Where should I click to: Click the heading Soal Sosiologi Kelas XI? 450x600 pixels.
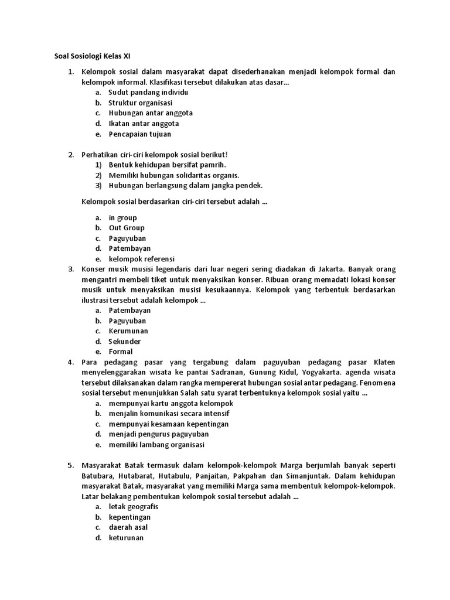pos(88,56)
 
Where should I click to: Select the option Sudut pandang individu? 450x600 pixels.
pos(148,93)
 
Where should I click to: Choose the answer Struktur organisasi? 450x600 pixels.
pos(140,103)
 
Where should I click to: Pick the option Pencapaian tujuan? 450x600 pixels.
pos(140,134)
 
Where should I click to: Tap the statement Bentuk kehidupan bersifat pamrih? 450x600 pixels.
pos(167,165)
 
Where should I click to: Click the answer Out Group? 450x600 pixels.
pos(127,228)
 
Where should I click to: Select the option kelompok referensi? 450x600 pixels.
pos(142,259)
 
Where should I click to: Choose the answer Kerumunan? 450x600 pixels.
pos(128,331)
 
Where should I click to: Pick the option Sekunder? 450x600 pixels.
pos(125,342)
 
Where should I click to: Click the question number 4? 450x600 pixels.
pos(70,362)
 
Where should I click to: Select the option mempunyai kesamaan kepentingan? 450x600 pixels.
pos(169,424)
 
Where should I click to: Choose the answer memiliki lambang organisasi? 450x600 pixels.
pos(156,445)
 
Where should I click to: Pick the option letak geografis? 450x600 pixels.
pos(134,507)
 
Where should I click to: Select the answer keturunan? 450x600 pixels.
pos(126,538)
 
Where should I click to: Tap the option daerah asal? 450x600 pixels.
pos(128,527)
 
